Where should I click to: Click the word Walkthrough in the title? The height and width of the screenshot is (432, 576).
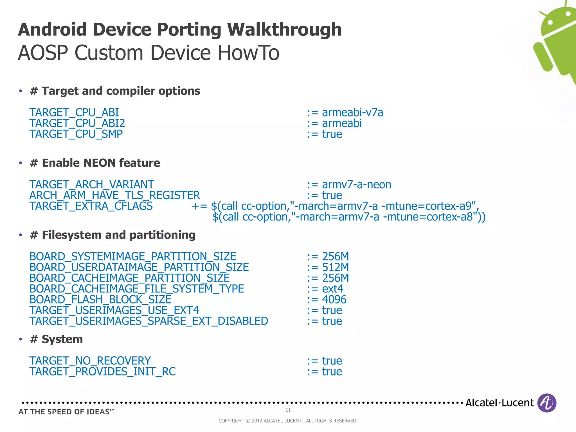[x=284, y=30]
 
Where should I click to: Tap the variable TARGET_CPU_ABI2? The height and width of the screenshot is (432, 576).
[x=77, y=123]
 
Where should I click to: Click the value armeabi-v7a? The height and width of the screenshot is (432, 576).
[x=352, y=113]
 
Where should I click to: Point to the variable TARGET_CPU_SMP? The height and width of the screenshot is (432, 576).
[x=76, y=134]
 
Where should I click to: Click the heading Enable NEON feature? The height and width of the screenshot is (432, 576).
[x=101, y=163]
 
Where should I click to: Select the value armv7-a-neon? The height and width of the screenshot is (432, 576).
[x=356, y=185]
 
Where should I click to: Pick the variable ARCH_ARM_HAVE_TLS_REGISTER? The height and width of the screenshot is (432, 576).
[x=114, y=195]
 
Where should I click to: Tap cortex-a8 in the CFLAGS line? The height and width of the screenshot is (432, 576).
[x=450, y=217]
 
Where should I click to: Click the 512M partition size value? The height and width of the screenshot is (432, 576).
[x=335, y=267]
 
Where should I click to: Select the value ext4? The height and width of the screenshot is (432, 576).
[x=332, y=289]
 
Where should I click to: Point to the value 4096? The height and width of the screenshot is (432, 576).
[x=334, y=300]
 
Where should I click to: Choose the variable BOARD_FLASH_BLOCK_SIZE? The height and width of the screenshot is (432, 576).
[x=100, y=300]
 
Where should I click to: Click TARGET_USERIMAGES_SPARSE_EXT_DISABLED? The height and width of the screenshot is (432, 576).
[x=149, y=321]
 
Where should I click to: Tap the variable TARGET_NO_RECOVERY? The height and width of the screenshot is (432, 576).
[x=90, y=361]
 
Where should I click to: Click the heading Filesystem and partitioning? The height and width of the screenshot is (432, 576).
[x=118, y=235]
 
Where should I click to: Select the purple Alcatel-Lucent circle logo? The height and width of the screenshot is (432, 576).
[x=546, y=403]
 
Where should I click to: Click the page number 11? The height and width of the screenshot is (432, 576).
[x=288, y=410]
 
